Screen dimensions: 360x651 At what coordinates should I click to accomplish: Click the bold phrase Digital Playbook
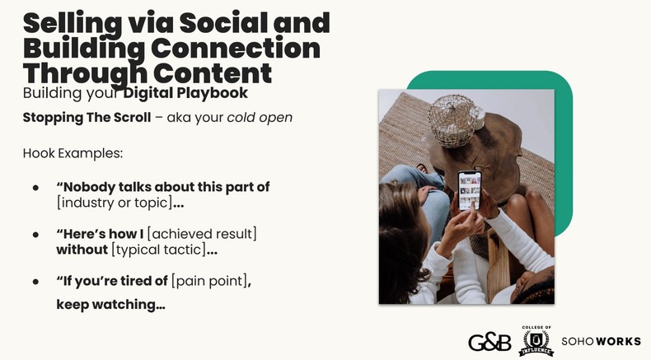pyautogui.click(x=185, y=93)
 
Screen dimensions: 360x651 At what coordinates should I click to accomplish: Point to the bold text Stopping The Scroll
pyautogui.click(x=87, y=117)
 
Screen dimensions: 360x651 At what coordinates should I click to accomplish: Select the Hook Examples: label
pyautogui.click(x=73, y=154)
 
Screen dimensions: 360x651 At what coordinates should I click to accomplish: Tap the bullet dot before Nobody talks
pyautogui.click(x=35, y=188)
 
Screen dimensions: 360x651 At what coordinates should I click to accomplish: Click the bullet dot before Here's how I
pyautogui.click(x=35, y=235)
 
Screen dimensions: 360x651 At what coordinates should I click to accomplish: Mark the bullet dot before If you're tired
pyautogui.click(x=35, y=282)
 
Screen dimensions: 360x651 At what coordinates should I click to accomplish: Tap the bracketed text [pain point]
pyautogui.click(x=208, y=281)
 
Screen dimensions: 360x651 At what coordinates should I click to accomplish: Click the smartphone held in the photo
pyautogui.click(x=468, y=189)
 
